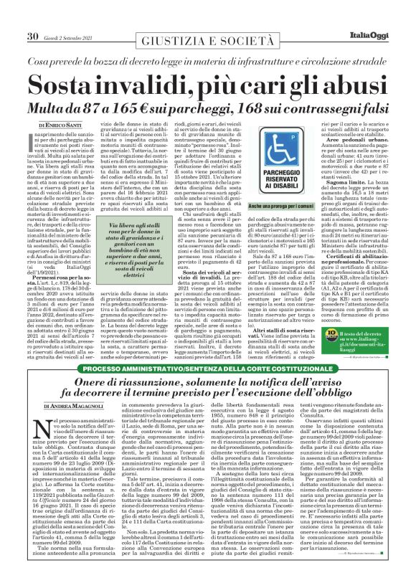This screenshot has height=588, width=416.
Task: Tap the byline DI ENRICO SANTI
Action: [58, 125]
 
